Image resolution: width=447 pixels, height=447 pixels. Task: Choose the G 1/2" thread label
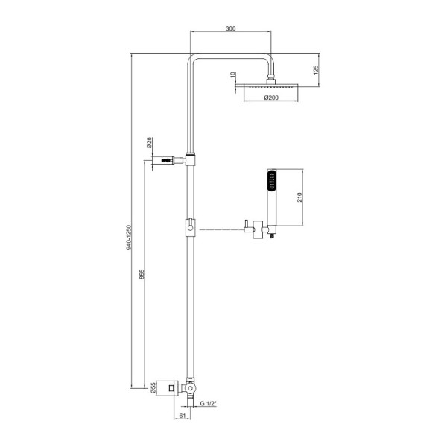[209, 403]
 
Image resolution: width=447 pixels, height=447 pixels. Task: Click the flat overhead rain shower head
[266, 86]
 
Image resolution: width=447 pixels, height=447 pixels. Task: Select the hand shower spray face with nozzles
[271, 183]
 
